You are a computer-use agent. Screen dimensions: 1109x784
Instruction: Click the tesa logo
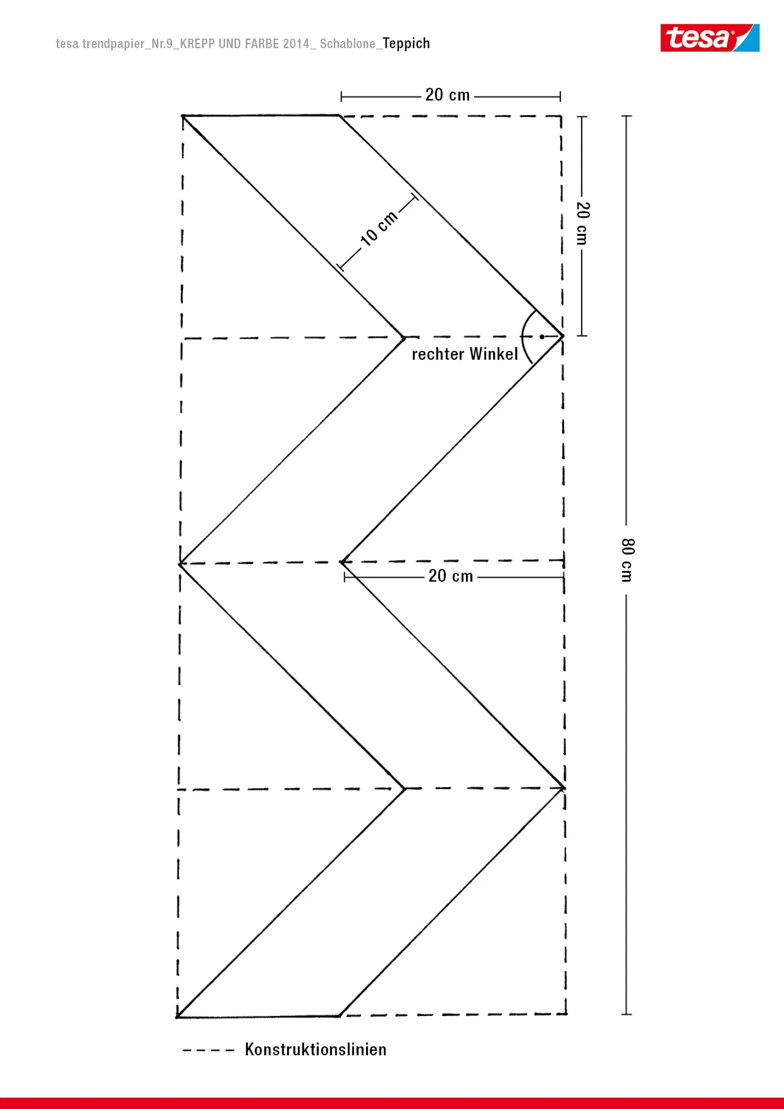click(709, 38)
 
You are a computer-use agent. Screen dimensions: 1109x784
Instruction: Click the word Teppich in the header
click(406, 44)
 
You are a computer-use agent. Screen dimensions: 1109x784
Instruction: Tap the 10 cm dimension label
click(379, 228)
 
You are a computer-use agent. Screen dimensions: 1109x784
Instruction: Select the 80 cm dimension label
click(627, 560)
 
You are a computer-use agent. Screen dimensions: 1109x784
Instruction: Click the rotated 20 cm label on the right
click(582, 223)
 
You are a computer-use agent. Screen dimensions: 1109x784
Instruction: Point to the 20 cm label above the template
click(447, 95)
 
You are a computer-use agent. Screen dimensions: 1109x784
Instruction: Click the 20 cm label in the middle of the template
click(450, 576)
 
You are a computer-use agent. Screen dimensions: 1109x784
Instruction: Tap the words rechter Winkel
click(465, 354)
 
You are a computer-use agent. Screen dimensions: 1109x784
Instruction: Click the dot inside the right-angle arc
click(542, 337)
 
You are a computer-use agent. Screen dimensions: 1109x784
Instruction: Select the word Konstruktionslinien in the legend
click(315, 1050)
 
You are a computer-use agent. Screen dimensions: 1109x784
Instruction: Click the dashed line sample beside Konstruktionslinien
click(208, 1050)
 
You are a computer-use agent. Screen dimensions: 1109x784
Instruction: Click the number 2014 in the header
click(296, 44)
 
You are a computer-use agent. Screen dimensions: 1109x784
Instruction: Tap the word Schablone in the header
click(347, 44)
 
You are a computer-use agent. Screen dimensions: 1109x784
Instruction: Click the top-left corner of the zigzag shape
click(182, 116)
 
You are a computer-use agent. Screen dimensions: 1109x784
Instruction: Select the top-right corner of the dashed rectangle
click(561, 116)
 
